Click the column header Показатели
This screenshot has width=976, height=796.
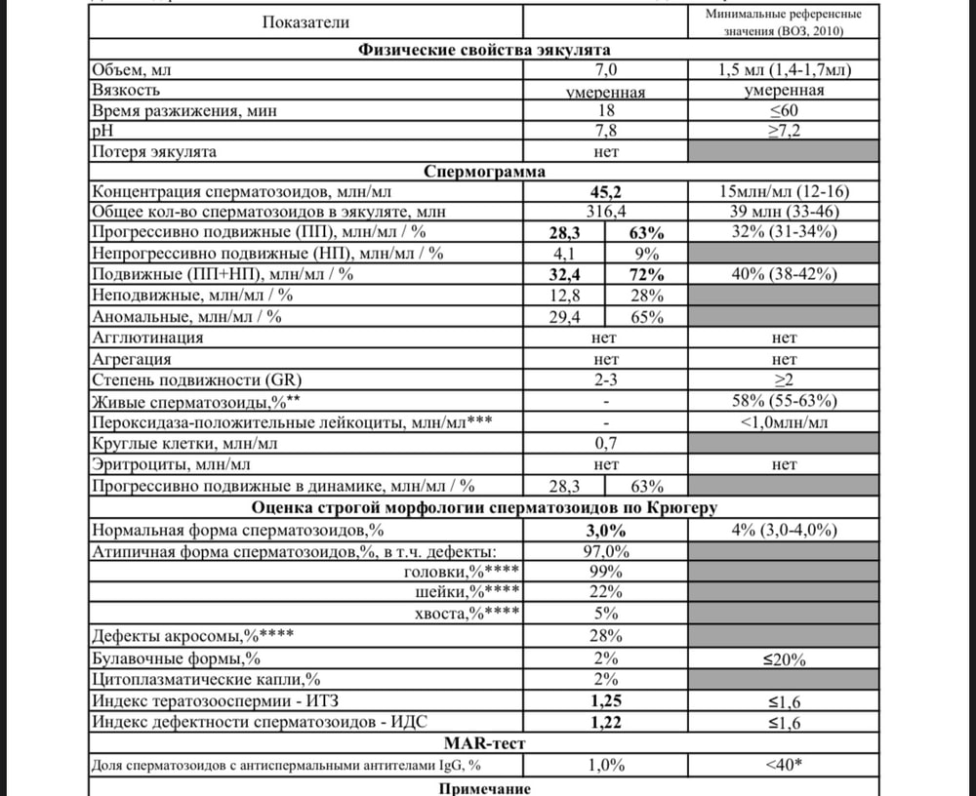pos(305,21)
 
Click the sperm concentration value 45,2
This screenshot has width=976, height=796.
pos(605,193)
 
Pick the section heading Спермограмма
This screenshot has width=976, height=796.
pos(484,173)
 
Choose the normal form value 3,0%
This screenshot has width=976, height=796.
pos(605,530)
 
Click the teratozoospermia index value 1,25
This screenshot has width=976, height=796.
pos(606,700)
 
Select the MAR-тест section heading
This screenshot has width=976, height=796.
pos(484,744)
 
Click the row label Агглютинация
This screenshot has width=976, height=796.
pos(147,338)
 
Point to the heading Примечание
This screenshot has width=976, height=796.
pos(484,787)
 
